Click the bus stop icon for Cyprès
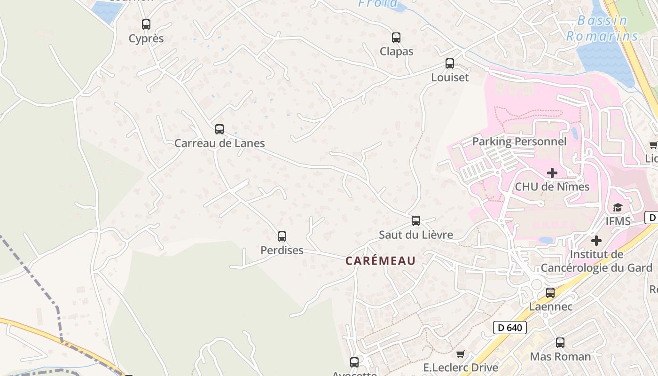146,24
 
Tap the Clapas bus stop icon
396,37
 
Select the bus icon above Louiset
450,63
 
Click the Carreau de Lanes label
219,143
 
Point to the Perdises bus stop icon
282,236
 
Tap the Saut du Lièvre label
416,235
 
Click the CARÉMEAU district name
381,261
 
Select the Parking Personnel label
519,141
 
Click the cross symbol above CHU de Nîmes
552,173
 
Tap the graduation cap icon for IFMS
618,208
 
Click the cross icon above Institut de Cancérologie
596,241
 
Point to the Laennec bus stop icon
550,293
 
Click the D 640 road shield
510,328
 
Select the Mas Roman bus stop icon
560,342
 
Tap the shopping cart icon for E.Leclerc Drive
461,354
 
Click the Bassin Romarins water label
602,28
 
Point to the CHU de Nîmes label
552,187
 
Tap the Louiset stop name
450,78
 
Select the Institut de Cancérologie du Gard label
596,261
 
